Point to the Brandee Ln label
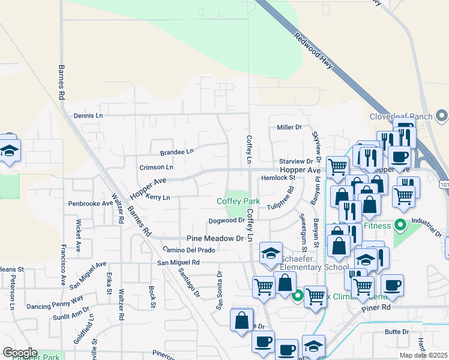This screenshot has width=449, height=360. tap(177, 152)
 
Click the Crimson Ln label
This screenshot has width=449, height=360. tap(156, 167)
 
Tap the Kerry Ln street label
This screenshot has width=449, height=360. tap(158, 197)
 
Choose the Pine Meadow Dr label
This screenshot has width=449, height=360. tap(218, 238)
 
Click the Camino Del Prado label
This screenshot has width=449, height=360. tap(188, 250)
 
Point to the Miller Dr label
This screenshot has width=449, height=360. tap(289, 127)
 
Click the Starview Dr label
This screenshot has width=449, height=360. tap(296, 161)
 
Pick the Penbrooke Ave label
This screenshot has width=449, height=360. tap(90, 203)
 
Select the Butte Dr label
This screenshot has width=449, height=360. tap(397, 331)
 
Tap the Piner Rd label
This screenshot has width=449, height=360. tap(377, 307)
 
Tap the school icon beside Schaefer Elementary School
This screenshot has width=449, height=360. tap(271, 254)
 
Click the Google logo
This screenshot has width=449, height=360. tap(20, 353)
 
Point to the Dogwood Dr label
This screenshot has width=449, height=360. tap(226, 220)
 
